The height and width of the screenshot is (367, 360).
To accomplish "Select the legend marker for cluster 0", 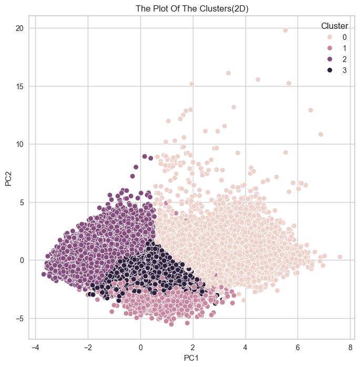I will point(329,37).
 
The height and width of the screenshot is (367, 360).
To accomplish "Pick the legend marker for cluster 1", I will point(329,48).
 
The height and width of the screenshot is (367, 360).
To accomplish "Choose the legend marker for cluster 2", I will point(329,59).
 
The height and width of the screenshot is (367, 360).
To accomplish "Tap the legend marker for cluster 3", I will point(329,70).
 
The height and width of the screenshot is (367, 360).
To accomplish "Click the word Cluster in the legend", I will point(334,26).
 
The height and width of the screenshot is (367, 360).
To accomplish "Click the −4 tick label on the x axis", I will point(35,347).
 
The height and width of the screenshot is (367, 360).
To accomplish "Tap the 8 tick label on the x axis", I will point(350,347).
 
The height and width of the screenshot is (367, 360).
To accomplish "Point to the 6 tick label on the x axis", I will point(297,347).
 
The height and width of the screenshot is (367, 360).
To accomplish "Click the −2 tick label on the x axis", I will point(87,347).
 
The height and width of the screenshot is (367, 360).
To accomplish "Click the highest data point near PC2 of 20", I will point(285,30).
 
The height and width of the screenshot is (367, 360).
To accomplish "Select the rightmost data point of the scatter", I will point(340,257).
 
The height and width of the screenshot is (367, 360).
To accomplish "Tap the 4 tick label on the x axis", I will point(245,347).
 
